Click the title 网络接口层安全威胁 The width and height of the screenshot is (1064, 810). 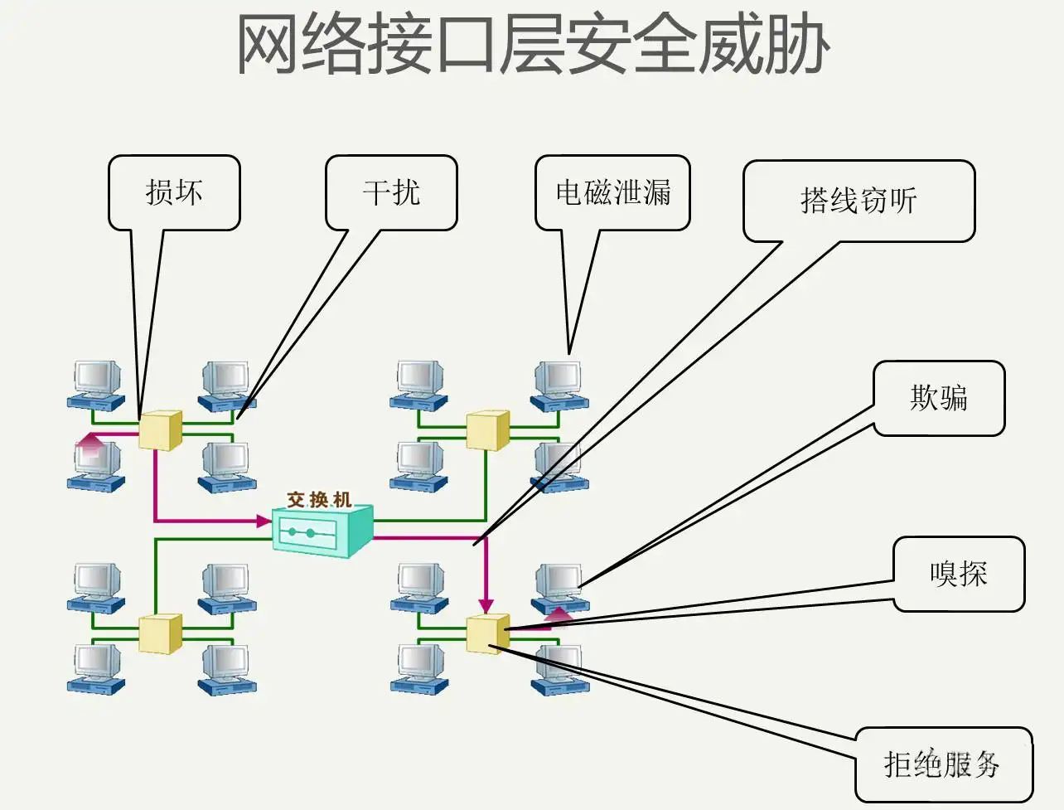point(532,46)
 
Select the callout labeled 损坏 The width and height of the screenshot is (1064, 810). point(174,192)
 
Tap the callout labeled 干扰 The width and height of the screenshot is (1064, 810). point(391,192)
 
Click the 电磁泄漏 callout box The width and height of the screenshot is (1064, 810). point(612,192)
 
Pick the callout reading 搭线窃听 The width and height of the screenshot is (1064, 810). point(858,201)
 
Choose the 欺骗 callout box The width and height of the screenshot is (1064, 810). point(939,398)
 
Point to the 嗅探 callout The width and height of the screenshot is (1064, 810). point(959,574)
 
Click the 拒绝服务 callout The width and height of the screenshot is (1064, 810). point(943,764)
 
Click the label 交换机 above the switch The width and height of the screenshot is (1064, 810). point(319,499)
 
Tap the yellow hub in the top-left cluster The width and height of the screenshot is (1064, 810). point(160,430)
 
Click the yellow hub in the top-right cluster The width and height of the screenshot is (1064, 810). point(487,430)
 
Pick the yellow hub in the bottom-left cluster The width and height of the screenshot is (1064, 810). point(160,634)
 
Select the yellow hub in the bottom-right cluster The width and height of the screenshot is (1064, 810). point(487,634)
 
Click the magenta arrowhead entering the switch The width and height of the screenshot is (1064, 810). point(264,521)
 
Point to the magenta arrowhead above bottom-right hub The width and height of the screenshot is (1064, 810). point(486,606)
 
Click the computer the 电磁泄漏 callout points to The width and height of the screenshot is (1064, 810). point(559,384)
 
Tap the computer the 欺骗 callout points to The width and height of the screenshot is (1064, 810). point(559,585)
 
